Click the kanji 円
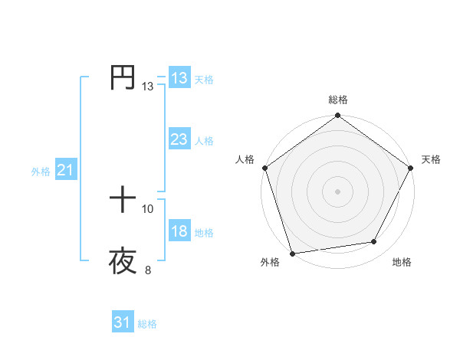[123, 78]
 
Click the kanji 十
[123, 201]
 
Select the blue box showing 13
[179, 78]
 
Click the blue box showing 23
[179, 139]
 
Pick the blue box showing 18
[179, 232]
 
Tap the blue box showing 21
[65, 171]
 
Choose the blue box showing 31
[123, 322]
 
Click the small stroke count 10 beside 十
[148, 209]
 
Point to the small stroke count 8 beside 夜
[148, 270]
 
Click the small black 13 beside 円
[148, 87]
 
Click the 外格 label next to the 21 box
[41, 172]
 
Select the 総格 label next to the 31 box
[147, 324]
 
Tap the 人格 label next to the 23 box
[204, 141]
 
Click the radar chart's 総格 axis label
[338, 100]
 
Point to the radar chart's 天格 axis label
[431, 159]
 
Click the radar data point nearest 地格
[374, 242]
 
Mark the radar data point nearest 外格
[292, 254]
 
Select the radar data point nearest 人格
[264, 168]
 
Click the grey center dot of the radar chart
[338, 191]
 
